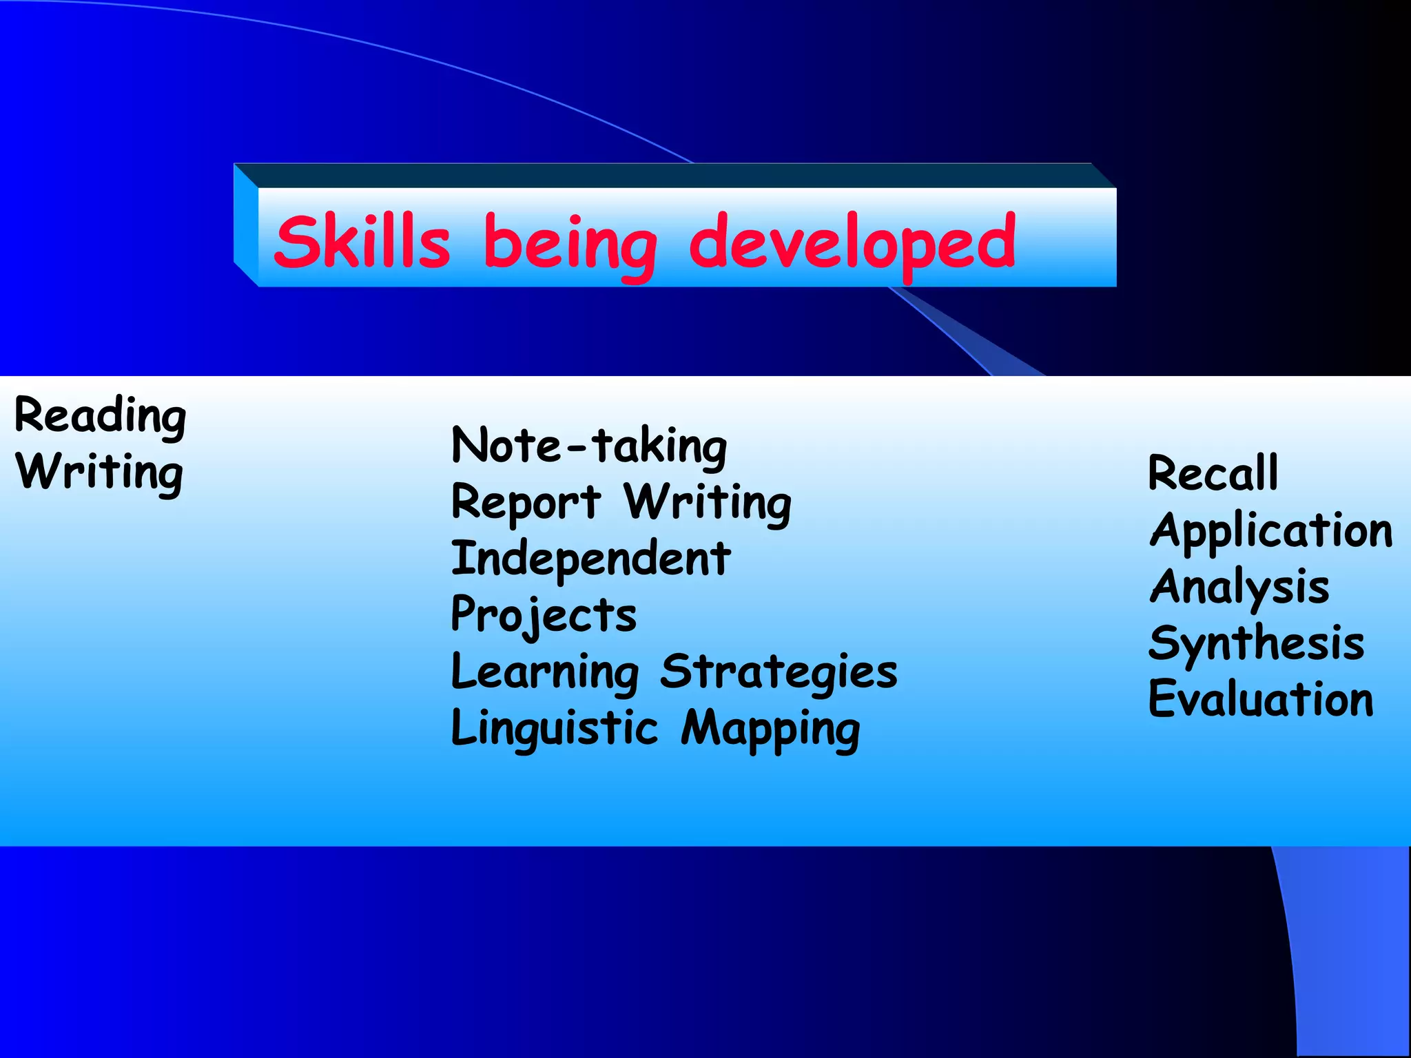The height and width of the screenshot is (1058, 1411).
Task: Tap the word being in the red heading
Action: click(570, 245)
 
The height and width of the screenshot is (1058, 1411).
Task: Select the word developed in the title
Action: click(852, 242)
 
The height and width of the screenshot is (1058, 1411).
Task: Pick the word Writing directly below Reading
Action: click(100, 473)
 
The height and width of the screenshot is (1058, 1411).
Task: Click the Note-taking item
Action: click(589, 446)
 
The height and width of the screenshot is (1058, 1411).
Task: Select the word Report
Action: click(526, 502)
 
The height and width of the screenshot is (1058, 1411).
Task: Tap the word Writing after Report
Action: click(708, 504)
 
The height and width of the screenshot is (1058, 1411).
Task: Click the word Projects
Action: click(544, 615)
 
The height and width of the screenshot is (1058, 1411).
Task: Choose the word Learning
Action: click(545, 672)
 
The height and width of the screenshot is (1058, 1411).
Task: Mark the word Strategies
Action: click(779, 672)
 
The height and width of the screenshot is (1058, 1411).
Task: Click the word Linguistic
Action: click(555, 729)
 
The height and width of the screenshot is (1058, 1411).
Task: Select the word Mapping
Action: click(771, 730)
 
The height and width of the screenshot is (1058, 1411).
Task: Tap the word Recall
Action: click(1213, 473)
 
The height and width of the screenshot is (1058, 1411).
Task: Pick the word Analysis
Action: click(1239, 588)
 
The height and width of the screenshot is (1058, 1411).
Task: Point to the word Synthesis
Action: click(1256, 644)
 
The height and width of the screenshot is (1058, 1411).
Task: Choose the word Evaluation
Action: click(1261, 699)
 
